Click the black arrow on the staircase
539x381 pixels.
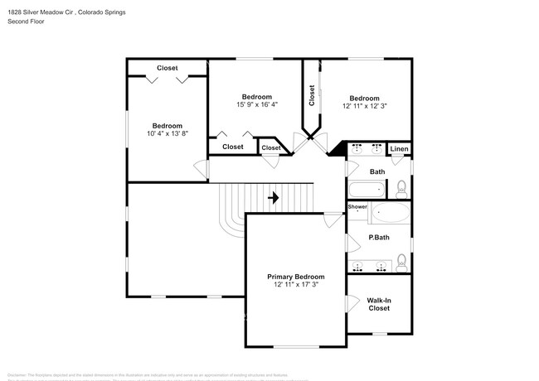point(273,198)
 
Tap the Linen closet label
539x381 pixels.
point(400,149)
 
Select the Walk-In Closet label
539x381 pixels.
point(379,304)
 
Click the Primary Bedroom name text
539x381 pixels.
point(295,277)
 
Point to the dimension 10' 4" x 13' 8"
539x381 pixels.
point(168,133)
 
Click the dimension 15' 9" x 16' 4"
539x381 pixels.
point(257,104)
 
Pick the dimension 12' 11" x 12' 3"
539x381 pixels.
point(364,106)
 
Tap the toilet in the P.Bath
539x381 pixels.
point(401,263)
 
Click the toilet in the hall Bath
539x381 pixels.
point(401,187)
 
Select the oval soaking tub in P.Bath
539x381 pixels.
point(390,214)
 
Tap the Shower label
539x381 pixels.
point(357,206)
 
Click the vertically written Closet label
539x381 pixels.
point(312,96)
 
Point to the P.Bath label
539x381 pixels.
point(379,239)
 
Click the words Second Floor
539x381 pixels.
point(27,21)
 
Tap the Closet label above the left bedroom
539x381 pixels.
point(168,68)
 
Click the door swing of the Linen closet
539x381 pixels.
point(396,159)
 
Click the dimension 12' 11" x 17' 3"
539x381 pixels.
point(295,285)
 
